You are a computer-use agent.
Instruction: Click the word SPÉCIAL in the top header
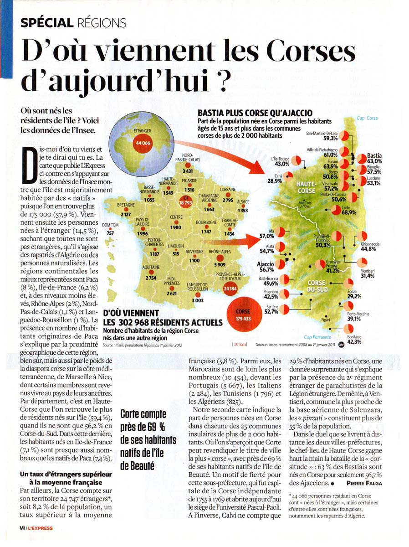pos(47,22)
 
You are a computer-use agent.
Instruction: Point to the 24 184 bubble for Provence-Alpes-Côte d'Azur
pos(230,289)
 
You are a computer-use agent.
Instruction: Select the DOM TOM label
pos(110,225)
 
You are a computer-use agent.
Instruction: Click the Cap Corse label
pos(367,118)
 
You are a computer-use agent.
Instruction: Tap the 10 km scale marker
pos(240,345)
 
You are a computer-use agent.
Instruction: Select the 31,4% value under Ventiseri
pos(367,276)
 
